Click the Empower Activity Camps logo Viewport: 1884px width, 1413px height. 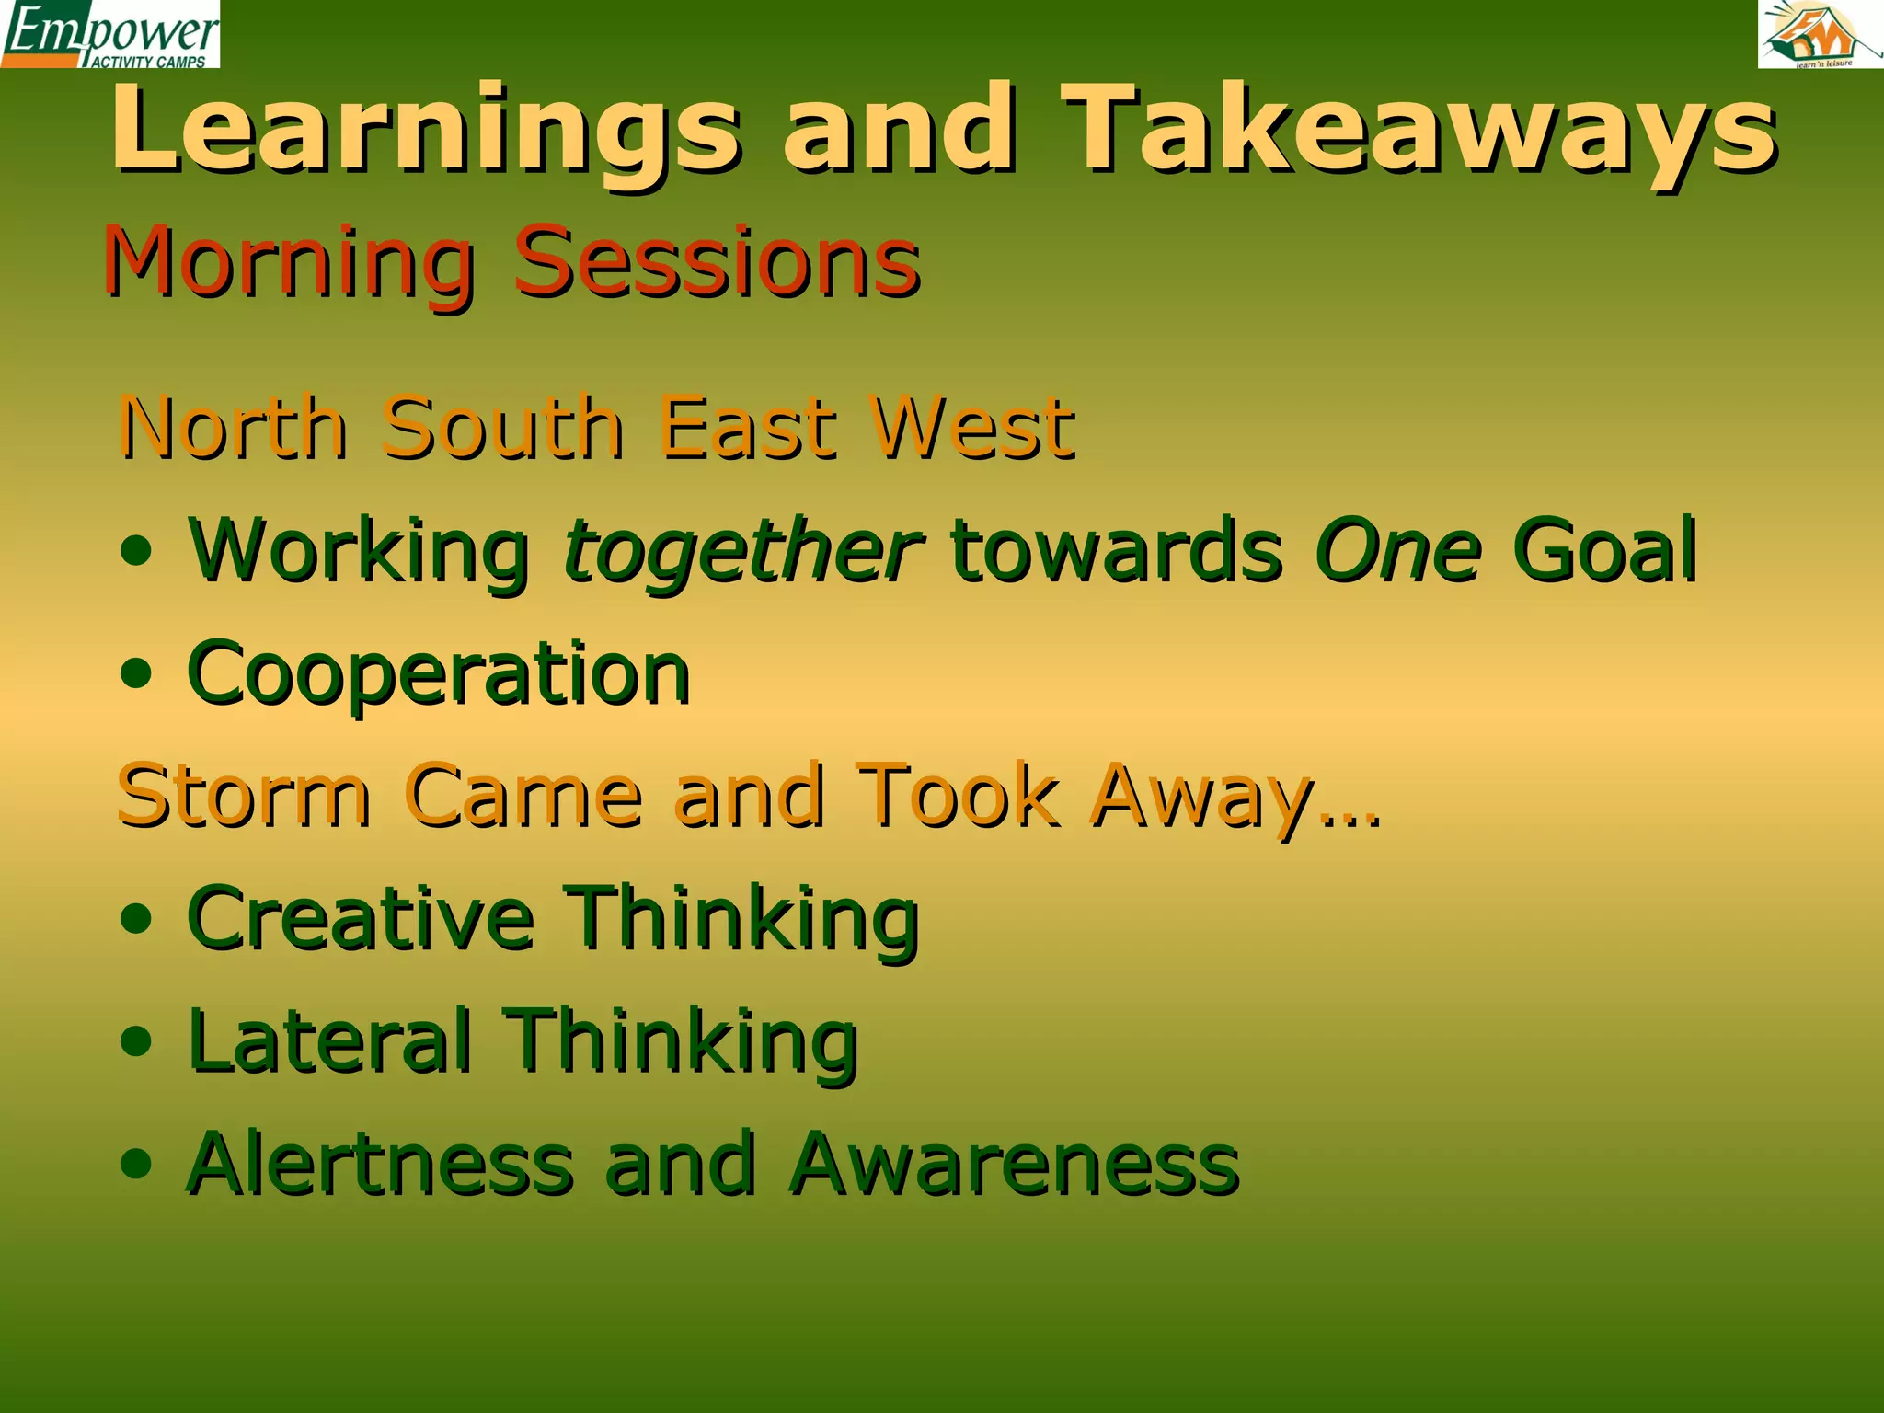[110, 34]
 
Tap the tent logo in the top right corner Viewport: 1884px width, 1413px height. [1820, 34]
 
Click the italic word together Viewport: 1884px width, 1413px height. [741, 552]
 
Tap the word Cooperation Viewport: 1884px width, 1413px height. [438, 674]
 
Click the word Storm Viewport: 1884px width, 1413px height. [245, 795]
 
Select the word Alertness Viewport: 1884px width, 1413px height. [381, 1164]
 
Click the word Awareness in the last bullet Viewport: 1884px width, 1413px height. [1014, 1164]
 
